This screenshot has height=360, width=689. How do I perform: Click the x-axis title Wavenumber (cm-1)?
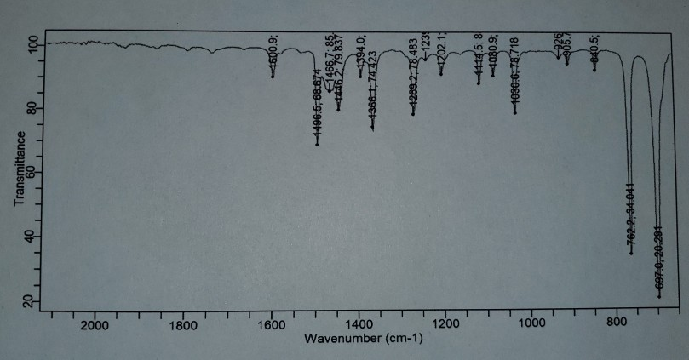click(363, 340)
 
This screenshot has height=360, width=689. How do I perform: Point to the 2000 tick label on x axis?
click(94, 324)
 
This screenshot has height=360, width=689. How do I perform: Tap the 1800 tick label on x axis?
click(183, 324)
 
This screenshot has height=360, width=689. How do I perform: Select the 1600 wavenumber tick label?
click(272, 324)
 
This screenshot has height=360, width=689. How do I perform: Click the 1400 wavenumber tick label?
click(358, 324)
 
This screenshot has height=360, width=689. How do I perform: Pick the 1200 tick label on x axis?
click(445, 324)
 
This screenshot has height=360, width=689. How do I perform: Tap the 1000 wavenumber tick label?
click(531, 324)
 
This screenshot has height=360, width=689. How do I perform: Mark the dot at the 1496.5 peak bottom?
click(317, 144)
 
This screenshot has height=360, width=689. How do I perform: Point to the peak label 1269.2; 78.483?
click(413, 87)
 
